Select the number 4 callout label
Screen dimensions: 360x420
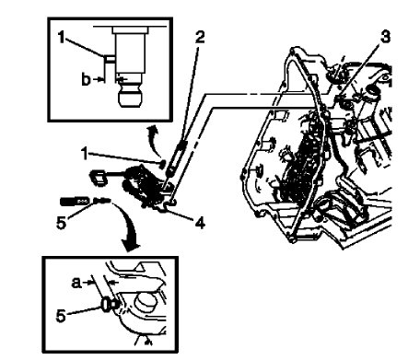click(201, 222)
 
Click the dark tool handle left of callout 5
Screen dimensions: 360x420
click(75, 200)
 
